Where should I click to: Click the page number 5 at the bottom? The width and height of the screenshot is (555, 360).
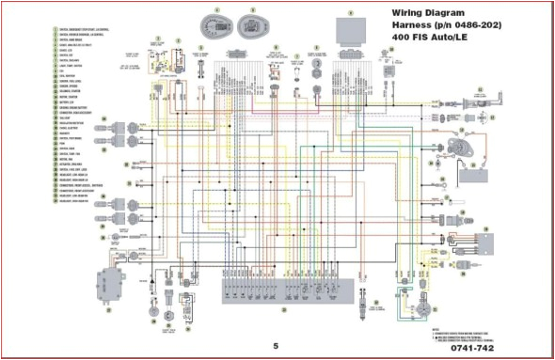[276, 344]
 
